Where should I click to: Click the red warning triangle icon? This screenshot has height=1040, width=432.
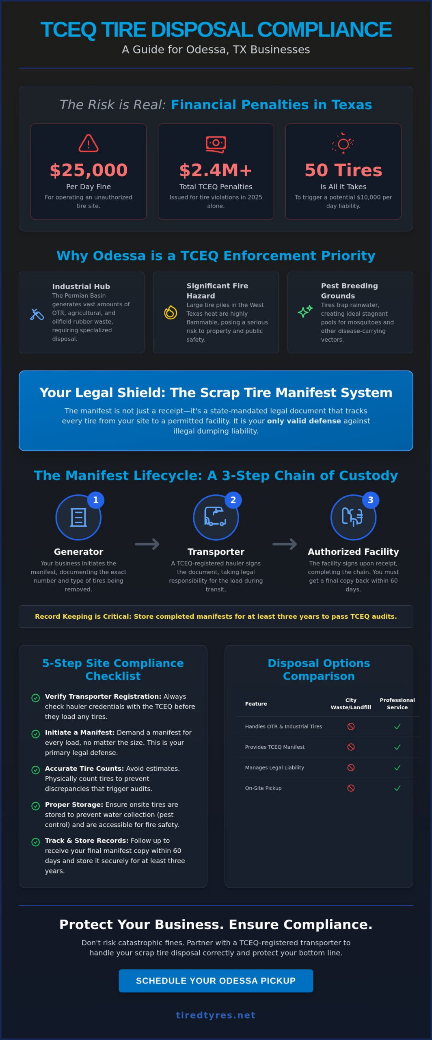(x=89, y=143)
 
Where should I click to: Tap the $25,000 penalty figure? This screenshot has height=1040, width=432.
(x=89, y=170)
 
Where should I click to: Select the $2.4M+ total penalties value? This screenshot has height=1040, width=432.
(x=216, y=170)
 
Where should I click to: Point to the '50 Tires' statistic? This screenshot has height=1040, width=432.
(x=343, y=170)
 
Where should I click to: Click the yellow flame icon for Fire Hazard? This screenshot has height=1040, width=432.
(x=171, y=312)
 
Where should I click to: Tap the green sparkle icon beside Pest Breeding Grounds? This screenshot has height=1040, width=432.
(x=305, y=311)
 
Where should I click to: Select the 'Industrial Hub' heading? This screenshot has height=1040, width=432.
(x=81, y=286)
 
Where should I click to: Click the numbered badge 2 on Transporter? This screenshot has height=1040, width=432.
(x=233, y=500)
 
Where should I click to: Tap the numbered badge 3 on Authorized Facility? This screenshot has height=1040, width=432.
(x=371, y=500)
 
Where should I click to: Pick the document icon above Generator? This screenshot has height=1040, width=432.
(x=78, y=518)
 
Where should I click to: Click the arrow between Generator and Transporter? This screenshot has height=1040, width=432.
(x=147, y=544)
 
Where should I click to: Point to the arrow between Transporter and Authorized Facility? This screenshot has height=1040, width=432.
(x=285, y=544)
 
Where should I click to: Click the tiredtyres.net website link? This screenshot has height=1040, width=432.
(x=216, y=1015)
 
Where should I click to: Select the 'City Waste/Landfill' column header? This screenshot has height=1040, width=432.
(x=351, y=704)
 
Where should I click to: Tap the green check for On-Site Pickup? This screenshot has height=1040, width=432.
(x=397, y=788)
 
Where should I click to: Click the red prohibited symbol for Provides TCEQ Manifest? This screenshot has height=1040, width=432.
(x=351, y=747)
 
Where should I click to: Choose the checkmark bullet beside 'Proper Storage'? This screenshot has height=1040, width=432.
(x=36, y=806)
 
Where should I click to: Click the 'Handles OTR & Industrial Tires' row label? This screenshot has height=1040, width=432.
(x=283, y=726)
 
